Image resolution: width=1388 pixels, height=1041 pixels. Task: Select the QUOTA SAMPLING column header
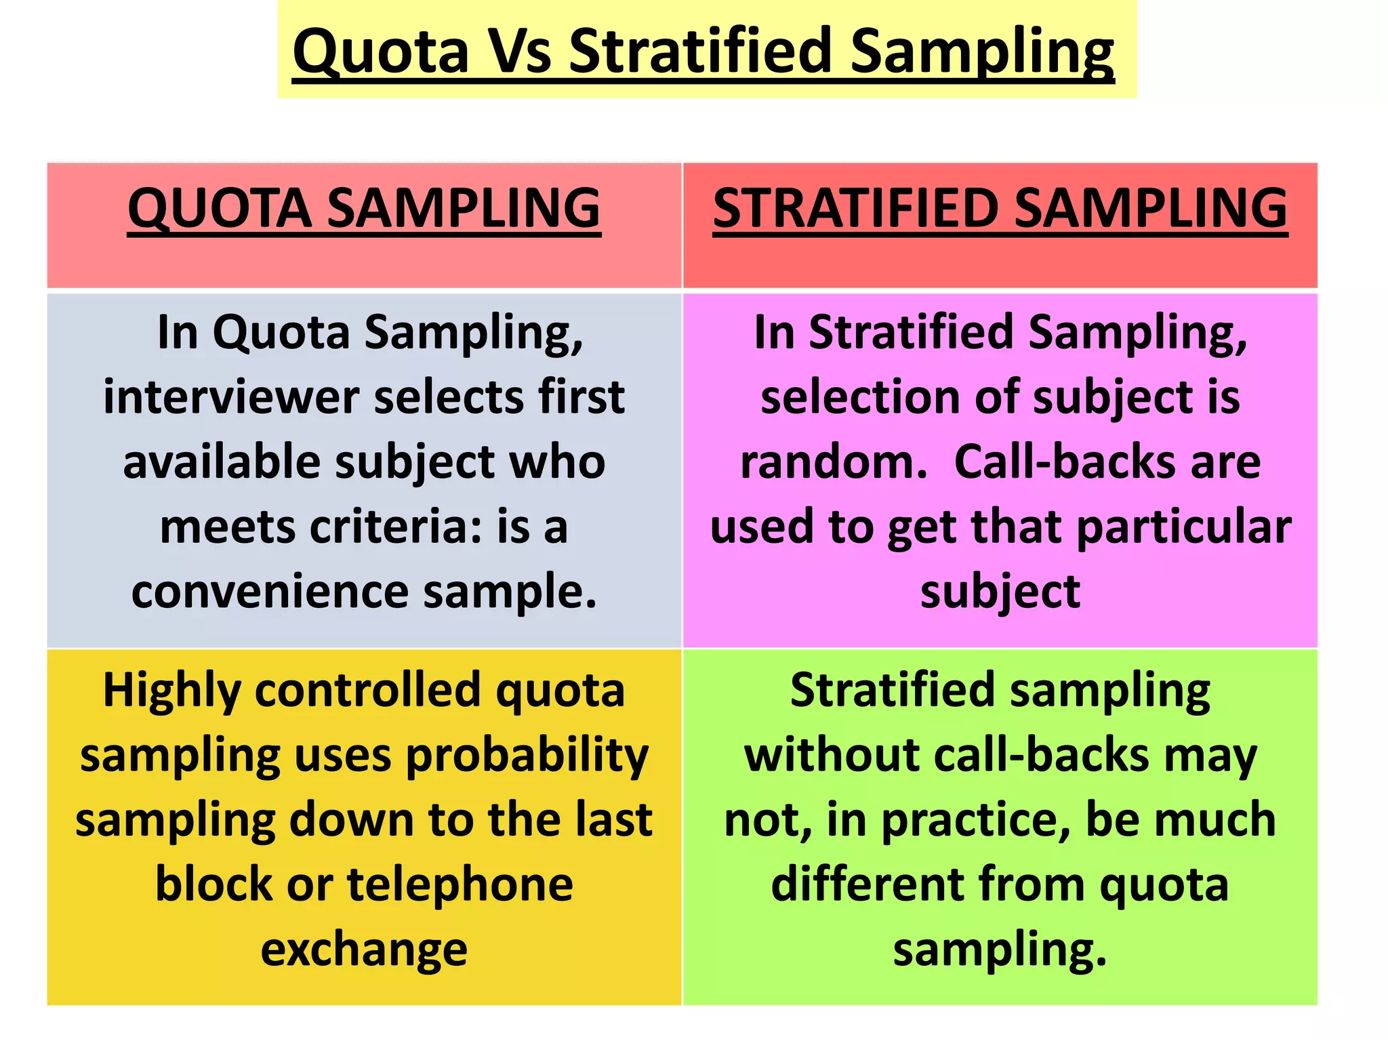pos(364,208)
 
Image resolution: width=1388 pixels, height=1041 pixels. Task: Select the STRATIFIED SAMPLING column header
pos(1000,208)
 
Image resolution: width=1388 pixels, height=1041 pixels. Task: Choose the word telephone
pos(460,884)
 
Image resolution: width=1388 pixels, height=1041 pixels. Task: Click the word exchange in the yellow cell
pos(364,949)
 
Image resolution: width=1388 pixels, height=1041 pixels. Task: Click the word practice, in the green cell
pos(976,820)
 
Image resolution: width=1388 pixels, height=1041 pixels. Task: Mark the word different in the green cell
pos(867,884)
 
